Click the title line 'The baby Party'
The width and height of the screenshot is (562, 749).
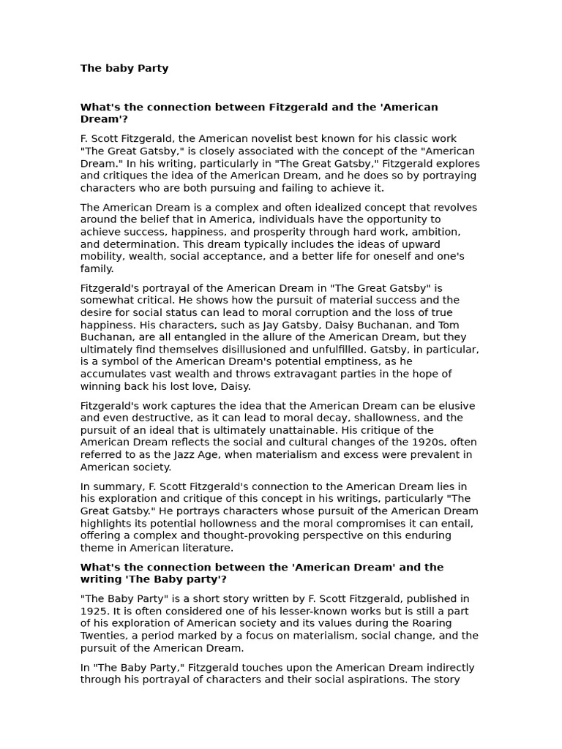[124, 68]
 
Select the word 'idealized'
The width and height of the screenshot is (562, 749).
[301, 208]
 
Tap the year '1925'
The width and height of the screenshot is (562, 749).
[95, 611]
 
